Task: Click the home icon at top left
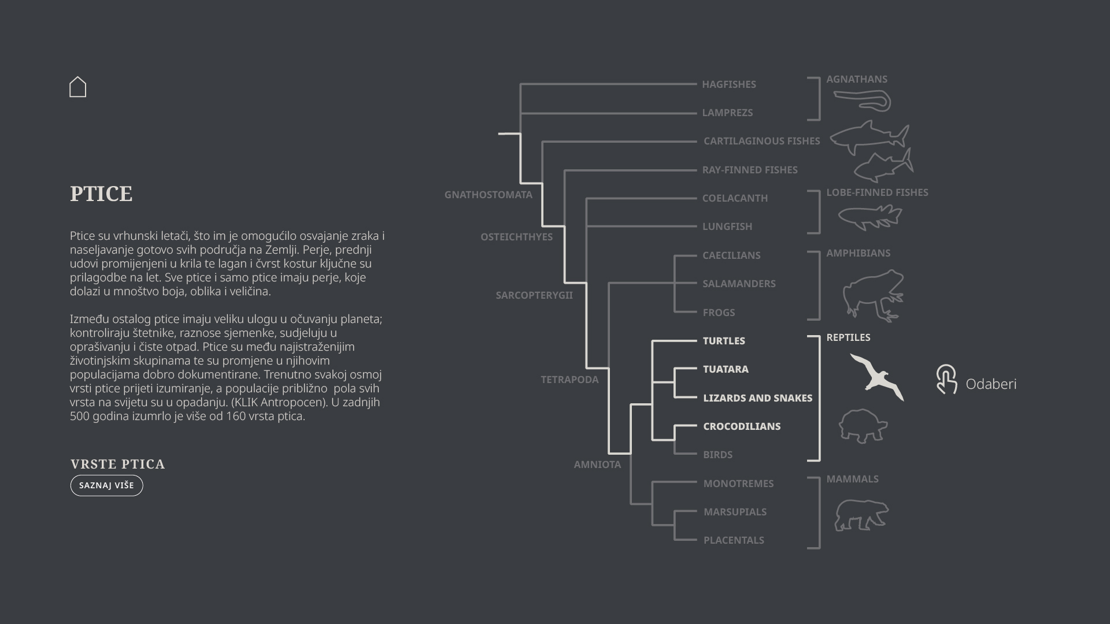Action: click(77, 87)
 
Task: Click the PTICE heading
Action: click(101, 194)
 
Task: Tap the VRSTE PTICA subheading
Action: click(118, 465)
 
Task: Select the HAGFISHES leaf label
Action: click(728, 84)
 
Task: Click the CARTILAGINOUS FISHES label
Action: click(761, 141)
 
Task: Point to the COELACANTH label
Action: click(735, 198)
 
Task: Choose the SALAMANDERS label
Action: click(739, 284)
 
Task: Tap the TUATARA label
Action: click(726, 369)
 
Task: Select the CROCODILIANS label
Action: click(742, 426)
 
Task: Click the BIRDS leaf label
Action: click(717, 455)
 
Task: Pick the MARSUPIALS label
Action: click(735, 512)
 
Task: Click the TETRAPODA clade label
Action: click(569, 380)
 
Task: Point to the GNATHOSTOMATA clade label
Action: click(488, 195)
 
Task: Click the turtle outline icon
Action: click(863, 426)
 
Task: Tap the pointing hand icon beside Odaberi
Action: click(946, 380)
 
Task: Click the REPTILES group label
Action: click(848, 337)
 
